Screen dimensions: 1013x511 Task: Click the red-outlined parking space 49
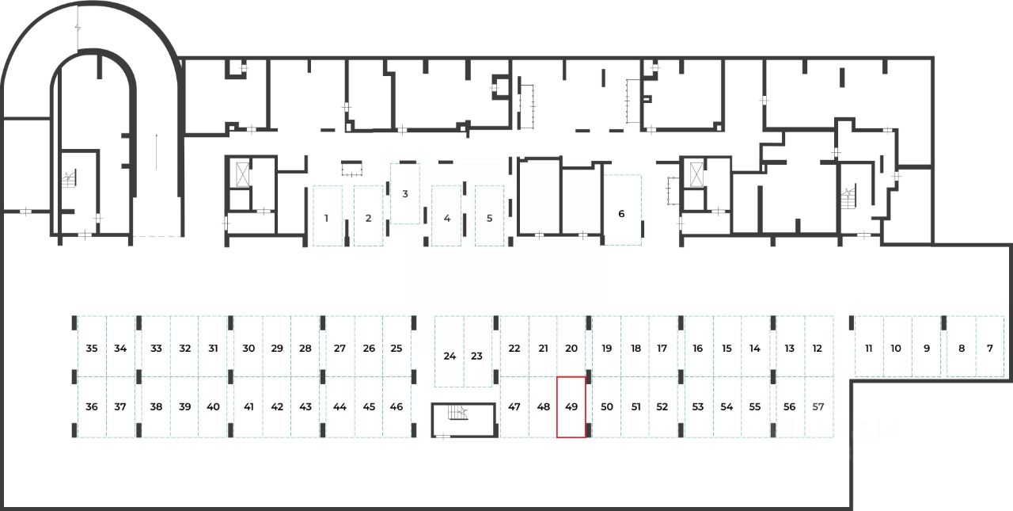coord(571,406)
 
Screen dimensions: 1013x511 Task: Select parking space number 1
coord(326,217)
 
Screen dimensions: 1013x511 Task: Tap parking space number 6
coord(621,212)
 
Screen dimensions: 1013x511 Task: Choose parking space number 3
coord(405,194)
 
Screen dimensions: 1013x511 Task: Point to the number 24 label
coord(450,356)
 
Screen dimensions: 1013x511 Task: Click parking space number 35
coord(92,348)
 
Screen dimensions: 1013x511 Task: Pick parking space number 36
coord(92,406)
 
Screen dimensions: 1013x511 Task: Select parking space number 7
coord(989,348)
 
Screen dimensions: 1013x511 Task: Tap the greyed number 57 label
coord(818,406)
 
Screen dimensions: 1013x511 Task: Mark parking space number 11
coord(869,348)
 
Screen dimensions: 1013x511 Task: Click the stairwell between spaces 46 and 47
coord(463,419)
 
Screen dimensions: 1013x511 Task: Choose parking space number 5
coord(489,217)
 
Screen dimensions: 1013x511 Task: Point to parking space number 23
coord(477,356)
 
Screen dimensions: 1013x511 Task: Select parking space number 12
coord(818,348)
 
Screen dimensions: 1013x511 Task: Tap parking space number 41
coord(249,406)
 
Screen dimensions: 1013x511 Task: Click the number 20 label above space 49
coord(571,348)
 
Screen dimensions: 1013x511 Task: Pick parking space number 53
coord(697,406)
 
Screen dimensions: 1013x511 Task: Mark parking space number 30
coord(249,348)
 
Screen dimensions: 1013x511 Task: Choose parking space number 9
coord(927,348)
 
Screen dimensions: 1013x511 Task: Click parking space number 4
coord(447,217)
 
